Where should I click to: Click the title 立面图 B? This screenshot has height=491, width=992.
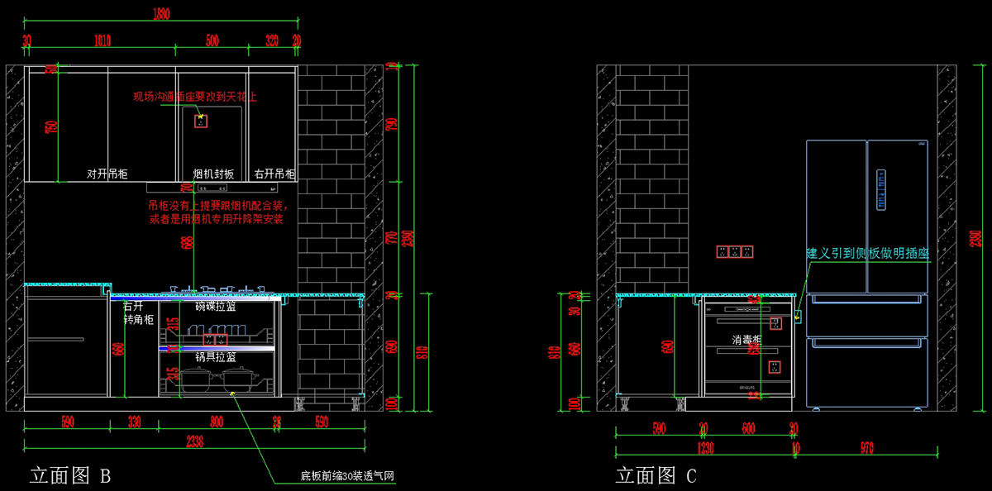coord(70,475)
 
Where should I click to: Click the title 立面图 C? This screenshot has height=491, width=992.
coord(656,475)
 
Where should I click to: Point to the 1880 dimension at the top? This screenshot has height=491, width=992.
coord(162,13)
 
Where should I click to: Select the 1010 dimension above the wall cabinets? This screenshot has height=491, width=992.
coord(102,41)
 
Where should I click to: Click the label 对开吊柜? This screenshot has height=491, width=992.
coord(107,174)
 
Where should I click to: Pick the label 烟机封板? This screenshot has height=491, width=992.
coord(213,174)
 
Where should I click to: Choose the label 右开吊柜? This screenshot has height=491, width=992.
coord(274,174)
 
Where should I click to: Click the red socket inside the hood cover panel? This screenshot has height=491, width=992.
coord(200,121)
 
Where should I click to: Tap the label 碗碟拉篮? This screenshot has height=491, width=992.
coord(215,307)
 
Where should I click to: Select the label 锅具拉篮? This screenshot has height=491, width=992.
coord(215,357)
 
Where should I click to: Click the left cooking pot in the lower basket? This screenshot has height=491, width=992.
coord(196,380)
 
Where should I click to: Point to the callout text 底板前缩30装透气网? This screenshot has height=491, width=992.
coord(347,476)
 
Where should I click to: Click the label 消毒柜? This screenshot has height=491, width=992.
coord(746,340)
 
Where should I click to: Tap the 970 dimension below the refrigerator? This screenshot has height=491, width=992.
coord(867,448)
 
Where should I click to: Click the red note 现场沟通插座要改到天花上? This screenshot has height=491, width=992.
coord(195,97)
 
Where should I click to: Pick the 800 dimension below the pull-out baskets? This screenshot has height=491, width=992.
coord(217,422)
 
